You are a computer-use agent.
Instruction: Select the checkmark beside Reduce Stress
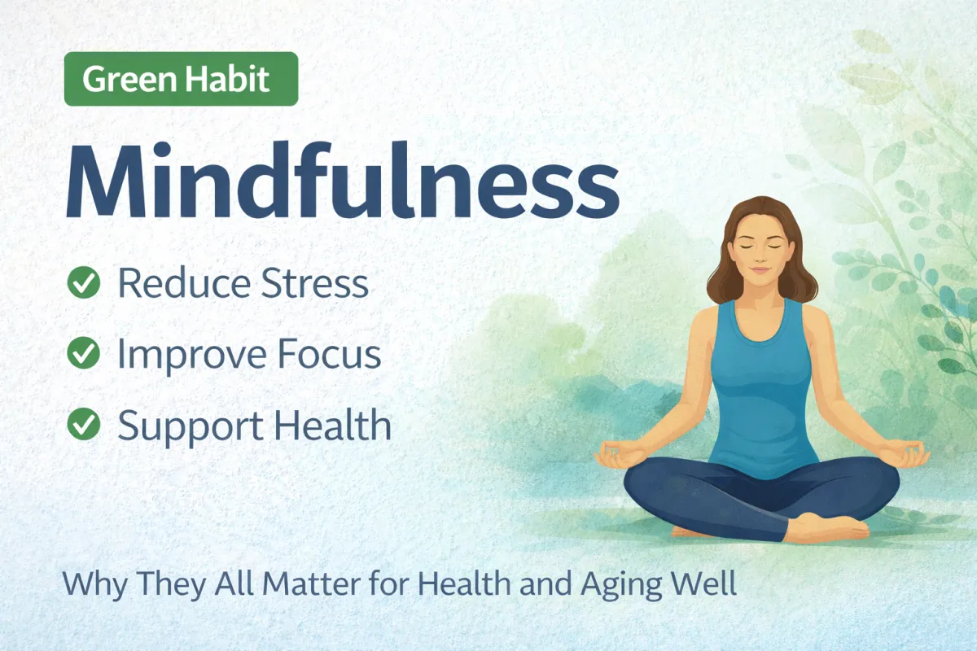coord(83,283)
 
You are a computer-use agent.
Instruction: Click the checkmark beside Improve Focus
coord(83,354)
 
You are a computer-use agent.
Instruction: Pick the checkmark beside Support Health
coord(83,425)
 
